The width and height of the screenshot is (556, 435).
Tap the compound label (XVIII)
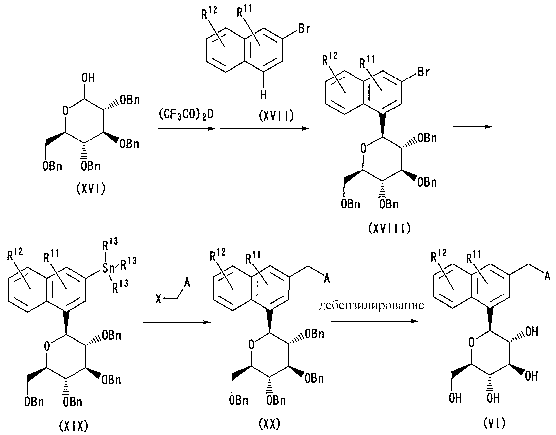point(389,228)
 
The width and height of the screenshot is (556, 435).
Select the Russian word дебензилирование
point(371,306)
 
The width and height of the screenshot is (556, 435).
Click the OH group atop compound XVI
point(87,78)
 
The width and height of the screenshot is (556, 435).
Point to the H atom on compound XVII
point(263,95)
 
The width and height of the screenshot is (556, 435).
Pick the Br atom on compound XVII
point(304,29)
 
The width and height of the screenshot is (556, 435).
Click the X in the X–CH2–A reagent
point(159,299)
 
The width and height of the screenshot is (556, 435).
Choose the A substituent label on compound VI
point(547,277)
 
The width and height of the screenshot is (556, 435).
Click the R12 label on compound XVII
point(209,15)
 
